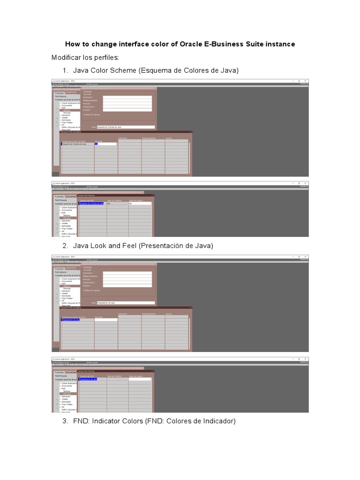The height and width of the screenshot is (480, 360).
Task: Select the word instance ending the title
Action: (x=279, y=44)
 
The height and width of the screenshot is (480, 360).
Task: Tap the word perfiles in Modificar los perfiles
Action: (x=106, y=57)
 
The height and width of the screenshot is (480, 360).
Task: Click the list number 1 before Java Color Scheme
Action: (x=65, y=70)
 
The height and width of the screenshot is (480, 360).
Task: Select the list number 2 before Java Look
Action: (x=65, y=246)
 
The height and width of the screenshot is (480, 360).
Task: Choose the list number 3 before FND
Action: (x=65, y=421)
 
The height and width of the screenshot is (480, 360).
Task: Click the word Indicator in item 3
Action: (x=106, y=421)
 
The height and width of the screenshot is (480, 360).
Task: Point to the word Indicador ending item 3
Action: (x=218, y=421)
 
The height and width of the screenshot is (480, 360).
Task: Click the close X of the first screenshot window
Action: (x=306, y=81)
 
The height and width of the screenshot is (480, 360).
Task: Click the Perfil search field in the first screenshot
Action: (x=125, y=127)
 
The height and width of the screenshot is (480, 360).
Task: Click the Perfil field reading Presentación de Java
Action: (x=125, y=303)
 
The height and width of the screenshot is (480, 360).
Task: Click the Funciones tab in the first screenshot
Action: (x=59, y=93)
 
